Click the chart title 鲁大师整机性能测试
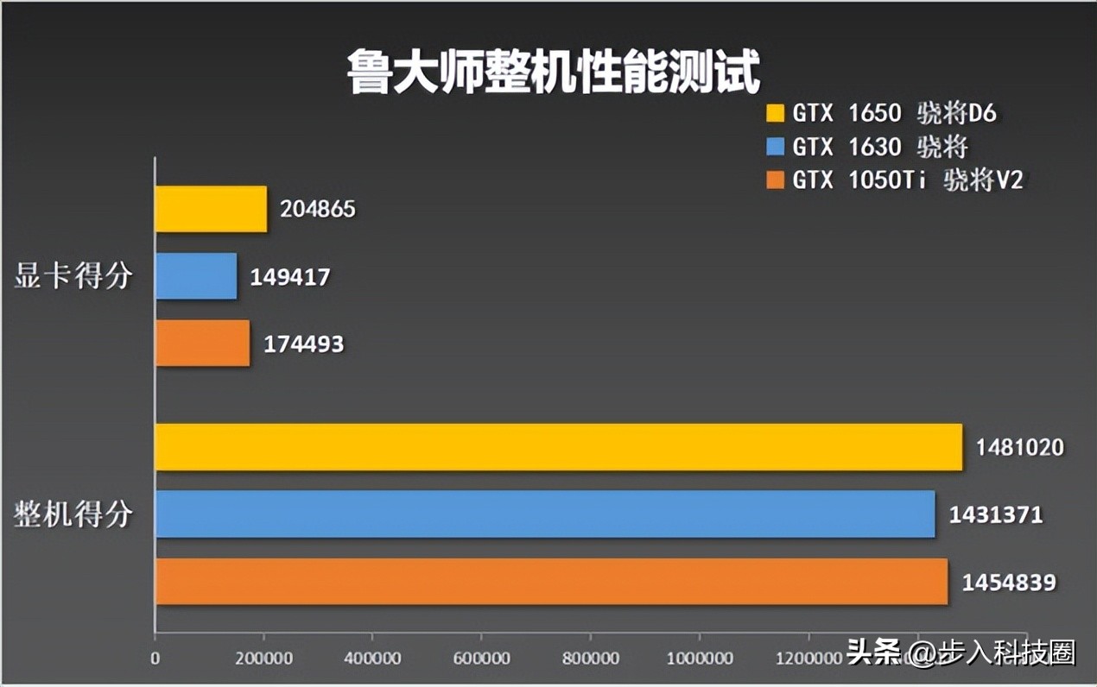coord(553,71)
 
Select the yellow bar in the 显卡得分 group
coord(211,209)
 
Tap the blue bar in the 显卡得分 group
coord(196,276)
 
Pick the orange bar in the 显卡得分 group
coord(202,343)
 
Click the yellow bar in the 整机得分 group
coord(558,447)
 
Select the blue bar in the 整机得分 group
coord(544,514)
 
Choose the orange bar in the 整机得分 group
coord(551,582)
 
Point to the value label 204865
coord(317,210)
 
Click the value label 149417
coord(290,277)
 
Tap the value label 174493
coord(303,344)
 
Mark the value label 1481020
coord(1020,447)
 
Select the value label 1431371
coord(996,515)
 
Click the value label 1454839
coord(1009,583)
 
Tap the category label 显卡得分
coord(73,276)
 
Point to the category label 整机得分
coord(73,515)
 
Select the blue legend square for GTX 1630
coord(776,148)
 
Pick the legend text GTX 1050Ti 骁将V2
coord(907,180)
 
